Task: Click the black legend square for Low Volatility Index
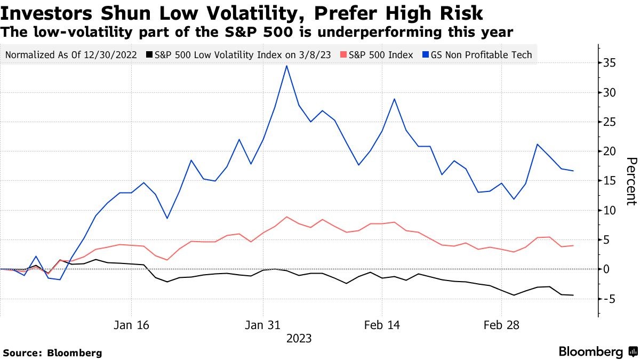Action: [150, 55]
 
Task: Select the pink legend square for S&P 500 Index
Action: [343, 55]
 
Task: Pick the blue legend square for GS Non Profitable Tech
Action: [426, 55]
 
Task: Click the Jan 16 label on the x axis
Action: [131, 325]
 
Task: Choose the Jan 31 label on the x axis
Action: [262, 325]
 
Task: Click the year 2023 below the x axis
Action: [299, 339]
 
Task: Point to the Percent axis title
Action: [631, 181]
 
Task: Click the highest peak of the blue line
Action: [287, 66]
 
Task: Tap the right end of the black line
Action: [573, 295]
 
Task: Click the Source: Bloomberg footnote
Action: [52, 353]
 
